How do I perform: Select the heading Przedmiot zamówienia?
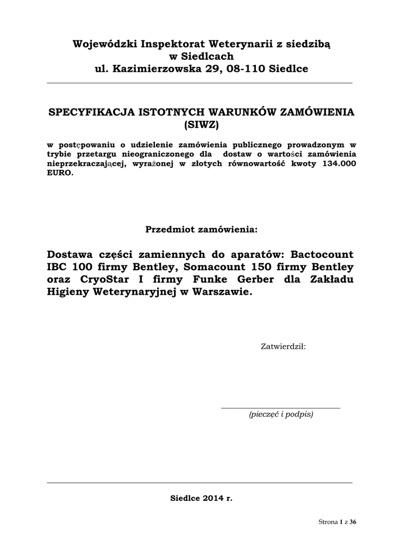coord(201,229)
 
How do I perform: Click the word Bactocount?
coord(323,255)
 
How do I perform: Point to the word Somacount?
coord(214,267)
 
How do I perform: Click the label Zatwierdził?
coord(283,346)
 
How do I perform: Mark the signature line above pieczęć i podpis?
coord(280,407)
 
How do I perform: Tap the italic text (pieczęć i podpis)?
coord(280,414)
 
